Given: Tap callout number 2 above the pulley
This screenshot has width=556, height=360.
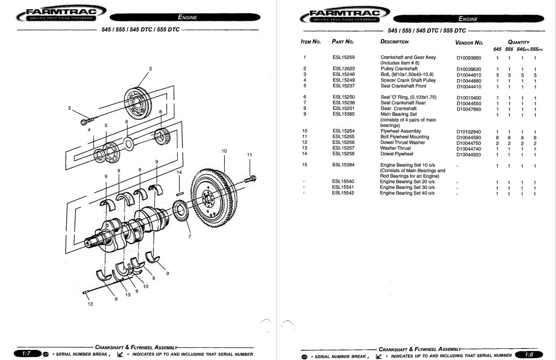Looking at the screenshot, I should point(150,68).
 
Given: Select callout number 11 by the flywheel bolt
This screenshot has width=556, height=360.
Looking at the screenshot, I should point(249,154).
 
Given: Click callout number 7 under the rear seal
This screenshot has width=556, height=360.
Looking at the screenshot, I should point(190,236).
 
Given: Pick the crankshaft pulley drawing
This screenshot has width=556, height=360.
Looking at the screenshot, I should point(139,102).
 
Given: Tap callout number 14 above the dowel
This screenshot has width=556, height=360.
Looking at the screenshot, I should point(179,173).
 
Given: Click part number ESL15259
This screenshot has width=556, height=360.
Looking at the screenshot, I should point(343,58).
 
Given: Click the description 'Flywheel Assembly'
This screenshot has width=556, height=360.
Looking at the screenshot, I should point(401,131).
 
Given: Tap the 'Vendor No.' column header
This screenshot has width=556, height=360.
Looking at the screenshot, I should point(469,43).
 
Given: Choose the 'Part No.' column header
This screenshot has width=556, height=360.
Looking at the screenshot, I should point(342,42).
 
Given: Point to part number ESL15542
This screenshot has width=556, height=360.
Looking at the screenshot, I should point(343,193).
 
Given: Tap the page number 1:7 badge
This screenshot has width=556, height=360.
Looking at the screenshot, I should point(24,354).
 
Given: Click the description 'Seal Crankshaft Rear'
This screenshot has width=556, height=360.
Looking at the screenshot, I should point(403,103).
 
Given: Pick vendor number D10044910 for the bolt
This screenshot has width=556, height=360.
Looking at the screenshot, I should point(469,74).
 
